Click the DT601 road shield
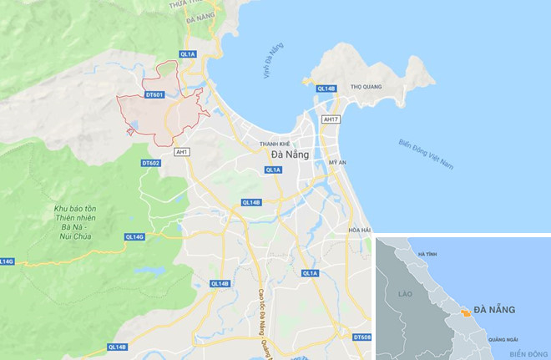pos(154,95)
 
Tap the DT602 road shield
pos(150,163)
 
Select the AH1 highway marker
pos(182,152)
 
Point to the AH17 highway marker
pos(331,119)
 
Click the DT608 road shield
pos(361,337)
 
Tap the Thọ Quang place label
pos(366,86)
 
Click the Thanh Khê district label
pos(277,142)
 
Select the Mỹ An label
pos(337,162)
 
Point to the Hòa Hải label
pos(359,231)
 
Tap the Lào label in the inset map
pos(407,294)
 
